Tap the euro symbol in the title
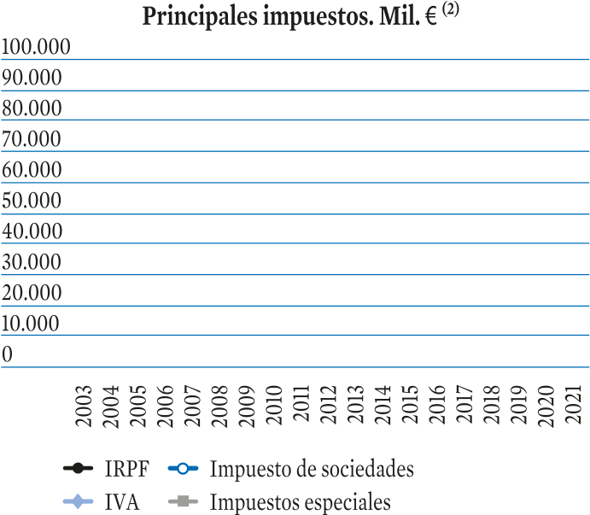point(431,17)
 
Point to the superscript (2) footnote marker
point(451,9)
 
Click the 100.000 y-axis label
point(36,47)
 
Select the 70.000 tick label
point(32,139)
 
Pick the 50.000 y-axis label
point(32,200)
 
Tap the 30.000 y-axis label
point(32,261)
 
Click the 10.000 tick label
point(31,323)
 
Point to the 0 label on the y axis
point(7,354)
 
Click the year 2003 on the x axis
point(84,406)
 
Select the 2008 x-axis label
point(219,406)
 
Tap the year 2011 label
point(301,403)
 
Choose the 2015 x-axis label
point(410,404)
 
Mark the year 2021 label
point(573,404)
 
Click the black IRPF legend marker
point(78,469)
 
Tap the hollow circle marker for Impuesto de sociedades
point(183,469)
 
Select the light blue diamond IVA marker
point(78,501)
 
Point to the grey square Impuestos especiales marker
point(183,501)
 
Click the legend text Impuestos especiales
point(301,502)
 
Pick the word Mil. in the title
point(400,17)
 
